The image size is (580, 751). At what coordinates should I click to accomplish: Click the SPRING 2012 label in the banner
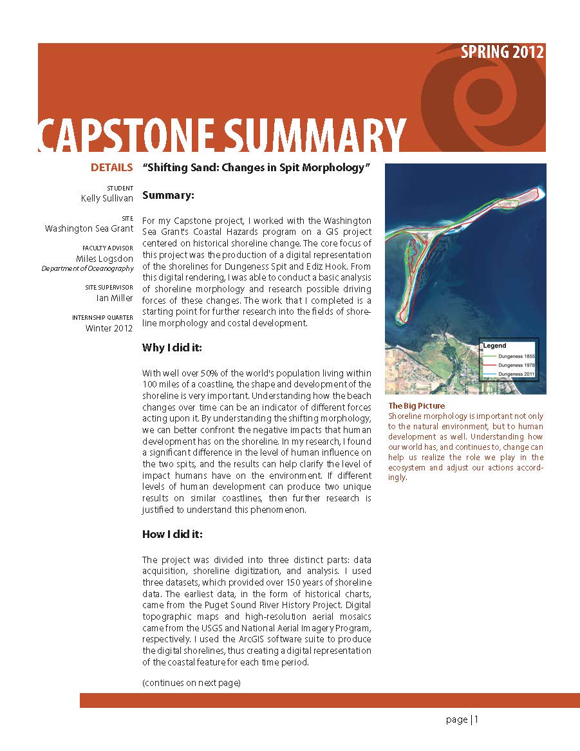click(502, 53)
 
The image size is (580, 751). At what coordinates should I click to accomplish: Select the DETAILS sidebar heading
click(111, 168)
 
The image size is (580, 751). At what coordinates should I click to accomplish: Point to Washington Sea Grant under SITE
click(89, 228)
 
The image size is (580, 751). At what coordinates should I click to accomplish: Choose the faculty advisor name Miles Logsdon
click(104, 259)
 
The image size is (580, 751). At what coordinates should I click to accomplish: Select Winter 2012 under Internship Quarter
click(109, 328)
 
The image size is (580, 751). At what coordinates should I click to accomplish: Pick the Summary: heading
click(168, 194)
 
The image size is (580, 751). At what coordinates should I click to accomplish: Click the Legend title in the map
click(494, 346)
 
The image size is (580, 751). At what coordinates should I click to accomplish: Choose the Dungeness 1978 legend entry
click(517, 365)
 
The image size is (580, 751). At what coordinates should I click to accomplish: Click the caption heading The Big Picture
click(416, 406)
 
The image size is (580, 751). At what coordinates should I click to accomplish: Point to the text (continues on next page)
click(191, 682)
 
